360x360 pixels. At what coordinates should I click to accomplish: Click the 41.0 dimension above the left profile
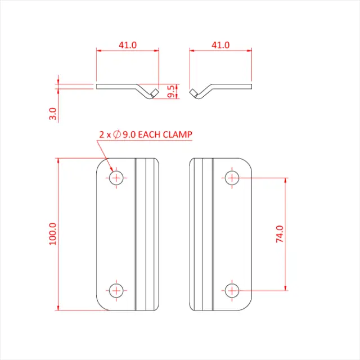pyautogui.click(x=128, y=45)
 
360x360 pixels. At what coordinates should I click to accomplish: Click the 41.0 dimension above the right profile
pyautogui.click(x=220, y=45)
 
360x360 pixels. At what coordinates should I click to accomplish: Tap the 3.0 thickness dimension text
pyautogui.click(x=53, y=114)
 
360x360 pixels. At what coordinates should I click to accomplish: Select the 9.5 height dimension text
pyautogui.click(x=171, y=92)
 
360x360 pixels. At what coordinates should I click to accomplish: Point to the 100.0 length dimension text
pyautogui.click(x=53, y=233)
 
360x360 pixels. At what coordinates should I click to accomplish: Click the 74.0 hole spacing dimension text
pyautogui.click(x=280, y=233)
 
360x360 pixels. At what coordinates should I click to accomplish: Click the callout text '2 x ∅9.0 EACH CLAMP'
pyautogui.click(x=145, y=134)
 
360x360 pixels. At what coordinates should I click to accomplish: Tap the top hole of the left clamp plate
pyautogui.click(x=116, y=178)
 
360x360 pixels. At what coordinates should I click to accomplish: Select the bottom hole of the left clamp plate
pyautogui.click(x=116, y=290)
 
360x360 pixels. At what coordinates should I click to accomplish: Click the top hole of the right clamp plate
pyautogui.click(x=232, y=178)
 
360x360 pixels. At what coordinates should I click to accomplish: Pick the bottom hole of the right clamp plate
pyautogui.click(x=232, y=290)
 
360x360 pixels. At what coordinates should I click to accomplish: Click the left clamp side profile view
pyautogui.click(x=118, y=87)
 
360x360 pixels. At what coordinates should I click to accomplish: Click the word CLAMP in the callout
pyautogui.click(x=179, y=134)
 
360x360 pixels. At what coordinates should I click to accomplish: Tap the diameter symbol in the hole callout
pyautogui.click(x=117, y=134)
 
